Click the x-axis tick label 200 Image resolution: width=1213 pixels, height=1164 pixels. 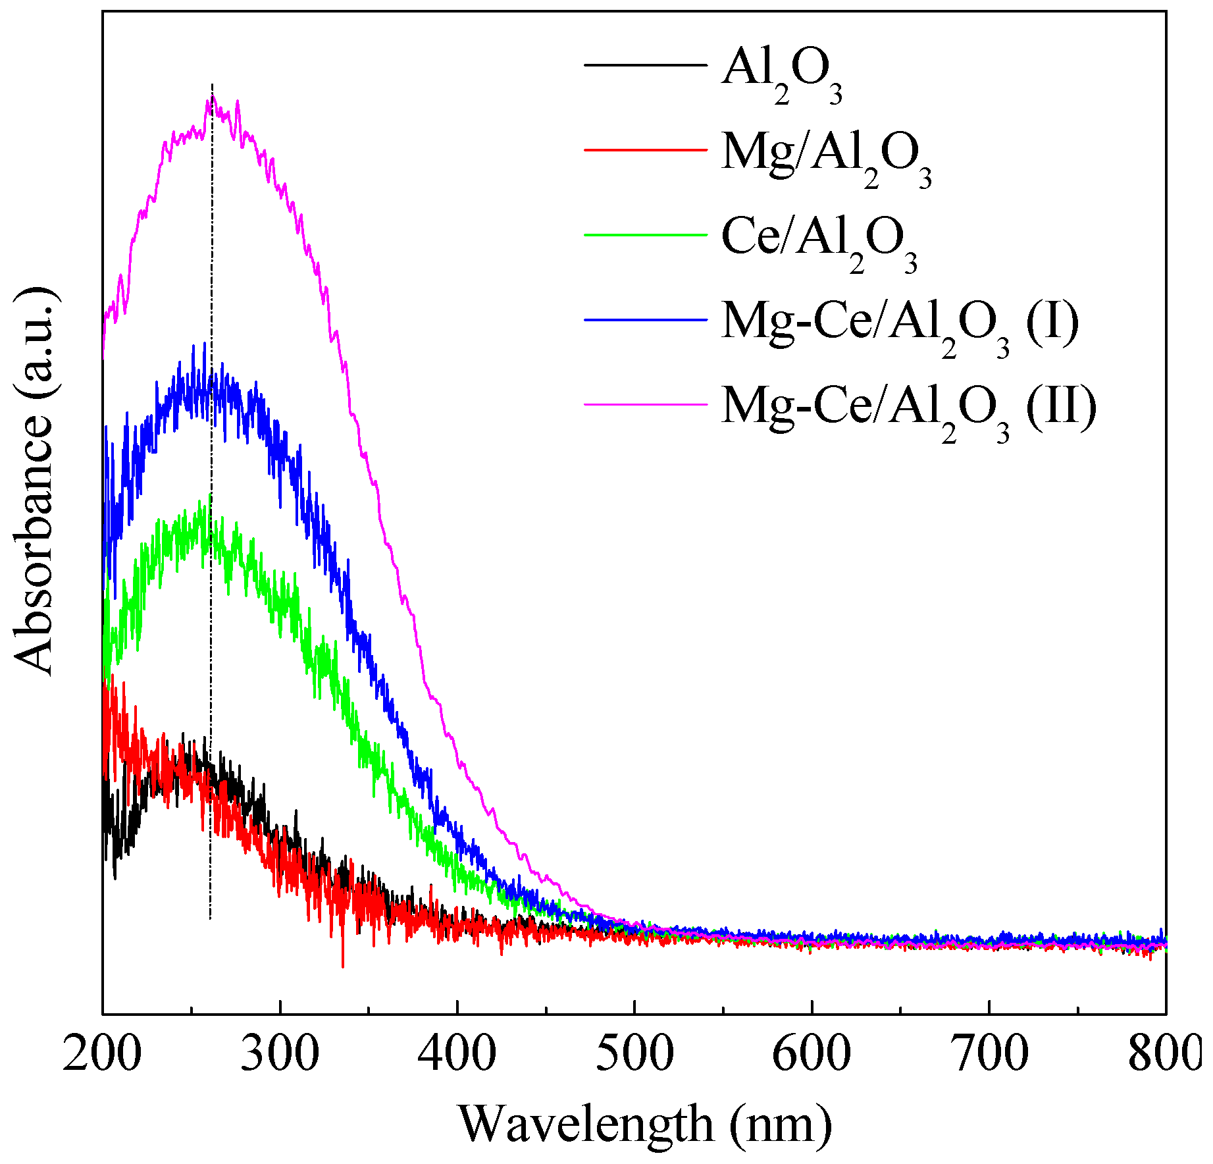click(x=102, y=1055)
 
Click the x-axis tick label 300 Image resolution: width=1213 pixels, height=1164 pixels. click(x=280, y=1055)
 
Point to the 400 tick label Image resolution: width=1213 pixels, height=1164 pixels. click(x=457, y=1055)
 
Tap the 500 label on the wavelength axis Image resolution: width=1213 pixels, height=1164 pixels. click(x=634, y=1055)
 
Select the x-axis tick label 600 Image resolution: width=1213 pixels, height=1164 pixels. click(x=812, y=1055)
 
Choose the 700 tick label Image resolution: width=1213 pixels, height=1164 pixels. click(x=989, y=1055)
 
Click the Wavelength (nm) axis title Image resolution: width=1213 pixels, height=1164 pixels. click(x=645, y=1124)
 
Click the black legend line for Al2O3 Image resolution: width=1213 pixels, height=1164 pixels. click(x=645, y=65)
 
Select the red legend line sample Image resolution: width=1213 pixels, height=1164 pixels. click(x=645, y=150)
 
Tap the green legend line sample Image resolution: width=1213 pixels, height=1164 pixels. click(x=645, y=234)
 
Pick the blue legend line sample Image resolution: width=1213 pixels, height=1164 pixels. click(x=645, y=319)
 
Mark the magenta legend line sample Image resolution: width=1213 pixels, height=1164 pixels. click(x=645, y=404)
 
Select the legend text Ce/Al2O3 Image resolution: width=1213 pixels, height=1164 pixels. click(x=819, y=241)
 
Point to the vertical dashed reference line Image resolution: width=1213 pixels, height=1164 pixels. click(x=211, y=658)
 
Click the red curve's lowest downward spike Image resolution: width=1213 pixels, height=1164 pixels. click(x=343, y=965)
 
